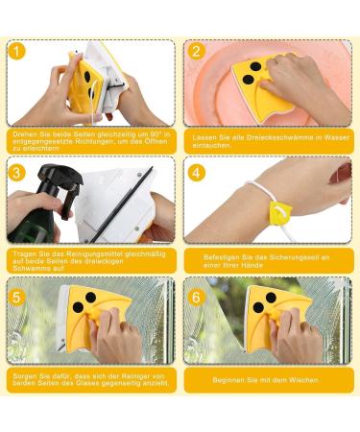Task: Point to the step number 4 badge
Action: pyautogui.click(x=196, y=173)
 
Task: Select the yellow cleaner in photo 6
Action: pyautogui.click(x=278, y=312)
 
